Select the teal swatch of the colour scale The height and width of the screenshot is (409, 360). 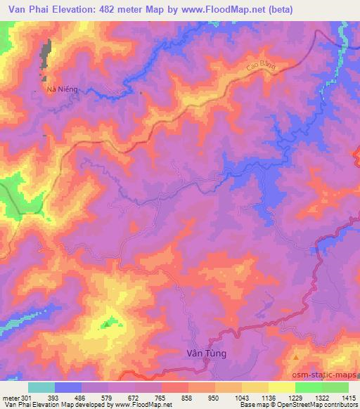pyautogui.click(x=41, y=387)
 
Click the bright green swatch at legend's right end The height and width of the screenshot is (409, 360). pyautogui.click(x=335, y=387)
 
